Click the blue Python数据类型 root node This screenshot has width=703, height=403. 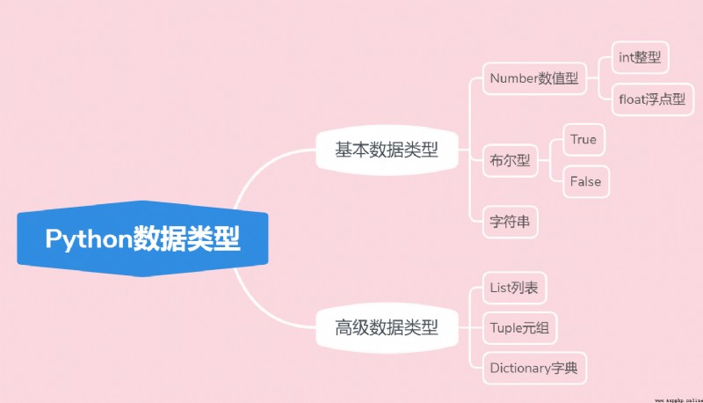(142, 238)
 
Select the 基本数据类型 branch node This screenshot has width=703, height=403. (387, 150)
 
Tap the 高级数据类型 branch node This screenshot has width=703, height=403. (387, 327)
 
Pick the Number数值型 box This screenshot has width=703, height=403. (534, 78)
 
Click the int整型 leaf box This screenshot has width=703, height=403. (641, 57)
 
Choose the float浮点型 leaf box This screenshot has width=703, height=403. (652, 99)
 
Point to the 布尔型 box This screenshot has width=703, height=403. (511, 160)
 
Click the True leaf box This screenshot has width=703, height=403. (583, 140)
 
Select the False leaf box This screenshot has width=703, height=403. (586, 182)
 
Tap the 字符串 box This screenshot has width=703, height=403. (511, 222)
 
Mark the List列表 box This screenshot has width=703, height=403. (514, 288)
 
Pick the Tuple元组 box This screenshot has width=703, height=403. (519, 328)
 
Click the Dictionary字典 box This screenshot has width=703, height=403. (534, 368)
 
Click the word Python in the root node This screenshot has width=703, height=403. (89, 239)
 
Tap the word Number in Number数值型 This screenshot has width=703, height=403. (514, 78)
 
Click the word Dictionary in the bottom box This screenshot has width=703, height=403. (520, 369)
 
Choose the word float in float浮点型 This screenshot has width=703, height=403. (632, 99)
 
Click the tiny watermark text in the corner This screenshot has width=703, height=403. (678, 399)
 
